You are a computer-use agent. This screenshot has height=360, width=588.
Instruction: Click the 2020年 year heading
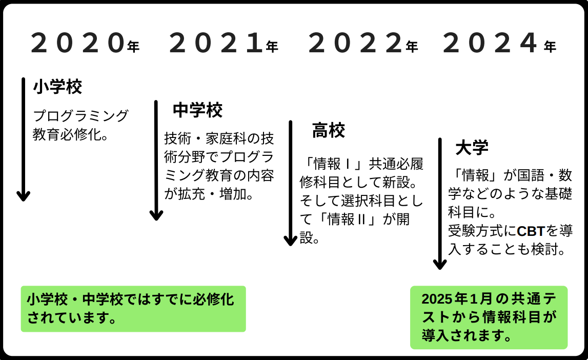coord(85,44)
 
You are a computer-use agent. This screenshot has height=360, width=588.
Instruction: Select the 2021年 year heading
coord(224,44)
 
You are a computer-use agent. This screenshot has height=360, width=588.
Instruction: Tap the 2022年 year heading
coord(363,44)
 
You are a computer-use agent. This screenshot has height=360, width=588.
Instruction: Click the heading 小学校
coord(57,87)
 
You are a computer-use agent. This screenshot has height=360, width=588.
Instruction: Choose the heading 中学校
coord(198,110)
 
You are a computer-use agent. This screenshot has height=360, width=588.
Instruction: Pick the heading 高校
coord(329,131)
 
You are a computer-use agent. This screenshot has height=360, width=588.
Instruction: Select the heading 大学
coord(472,148)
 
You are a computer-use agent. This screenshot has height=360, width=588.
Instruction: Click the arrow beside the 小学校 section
coord(24,139)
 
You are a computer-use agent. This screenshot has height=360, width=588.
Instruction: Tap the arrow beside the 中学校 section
coord(156,161)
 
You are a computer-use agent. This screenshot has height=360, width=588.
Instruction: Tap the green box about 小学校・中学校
coord(133,309)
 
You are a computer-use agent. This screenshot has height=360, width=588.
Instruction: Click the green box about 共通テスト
coord(489,317)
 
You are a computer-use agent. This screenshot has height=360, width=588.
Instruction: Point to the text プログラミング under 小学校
coord(80,116)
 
